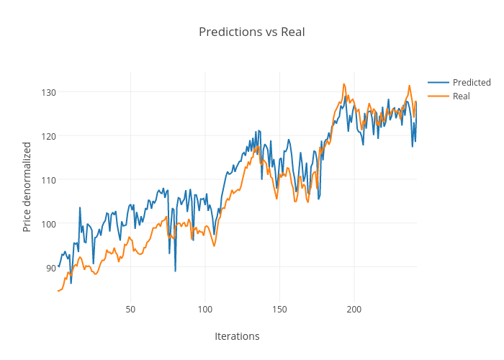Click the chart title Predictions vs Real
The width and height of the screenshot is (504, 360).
tap(251, 32)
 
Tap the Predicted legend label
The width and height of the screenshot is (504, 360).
tap(472, 82)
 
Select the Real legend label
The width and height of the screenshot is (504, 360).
tap(462, 96)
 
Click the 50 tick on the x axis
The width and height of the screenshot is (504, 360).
tap(130, 310)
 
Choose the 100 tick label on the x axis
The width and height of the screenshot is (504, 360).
tap(205, 310)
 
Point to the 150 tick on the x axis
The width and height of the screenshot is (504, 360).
tap(279, 310)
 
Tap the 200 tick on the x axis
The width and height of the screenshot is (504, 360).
tap(354, 310)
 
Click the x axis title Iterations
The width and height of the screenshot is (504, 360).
tap(237, 336)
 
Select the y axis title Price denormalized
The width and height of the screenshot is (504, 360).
tap(27, 186)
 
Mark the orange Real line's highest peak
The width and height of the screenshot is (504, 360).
tap(344, 84)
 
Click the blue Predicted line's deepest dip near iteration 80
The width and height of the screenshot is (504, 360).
tap(175, 271)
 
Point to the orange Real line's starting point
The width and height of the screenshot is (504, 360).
tap(58, 291)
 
